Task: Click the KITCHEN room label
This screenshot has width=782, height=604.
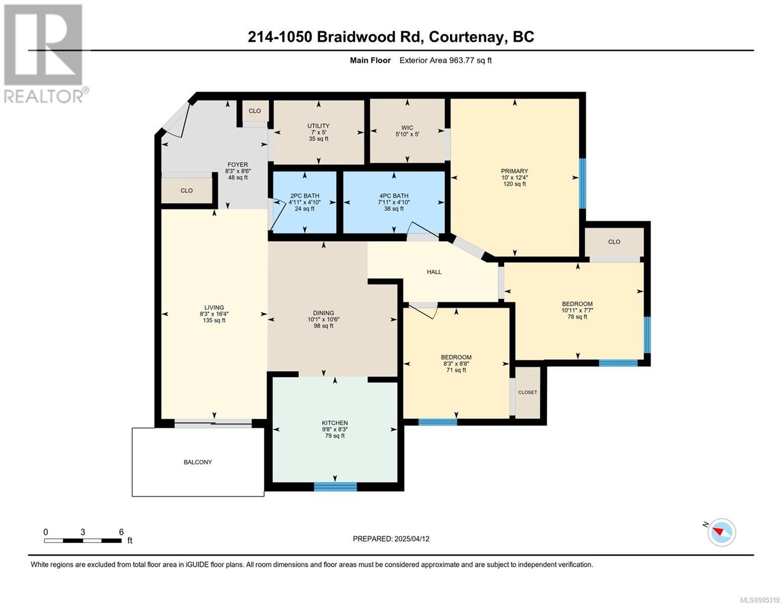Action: (x=335, y=423)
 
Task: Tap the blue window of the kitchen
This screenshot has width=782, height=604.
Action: (x=335, y=487)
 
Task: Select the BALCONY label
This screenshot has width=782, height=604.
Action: (x=197, y=462)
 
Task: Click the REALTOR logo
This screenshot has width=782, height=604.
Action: (x=45, y=54)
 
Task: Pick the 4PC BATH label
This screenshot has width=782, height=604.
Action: (x=394, y=196)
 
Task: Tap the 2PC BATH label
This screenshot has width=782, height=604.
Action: (x=305, y=196)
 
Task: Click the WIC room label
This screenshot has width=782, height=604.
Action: (x=407, y=128)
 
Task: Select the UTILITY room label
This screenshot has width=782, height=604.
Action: (x=318, y=125)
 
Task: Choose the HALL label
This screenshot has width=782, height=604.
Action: (x=434, y=272)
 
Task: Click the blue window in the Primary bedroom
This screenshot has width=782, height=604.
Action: (x=582, y=184)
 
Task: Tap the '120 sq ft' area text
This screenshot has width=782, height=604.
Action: (x=515, y=184)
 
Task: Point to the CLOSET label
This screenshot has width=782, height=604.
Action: (x=528, y=392)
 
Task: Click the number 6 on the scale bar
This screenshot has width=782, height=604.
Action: (x=121, y=532)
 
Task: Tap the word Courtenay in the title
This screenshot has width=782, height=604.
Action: (x=466, y=37)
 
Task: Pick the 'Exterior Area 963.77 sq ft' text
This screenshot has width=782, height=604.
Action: (x=446, y=60)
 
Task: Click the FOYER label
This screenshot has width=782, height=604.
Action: (x=238, y=165)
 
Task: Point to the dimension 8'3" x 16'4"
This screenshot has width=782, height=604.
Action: (x=214, y=314)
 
